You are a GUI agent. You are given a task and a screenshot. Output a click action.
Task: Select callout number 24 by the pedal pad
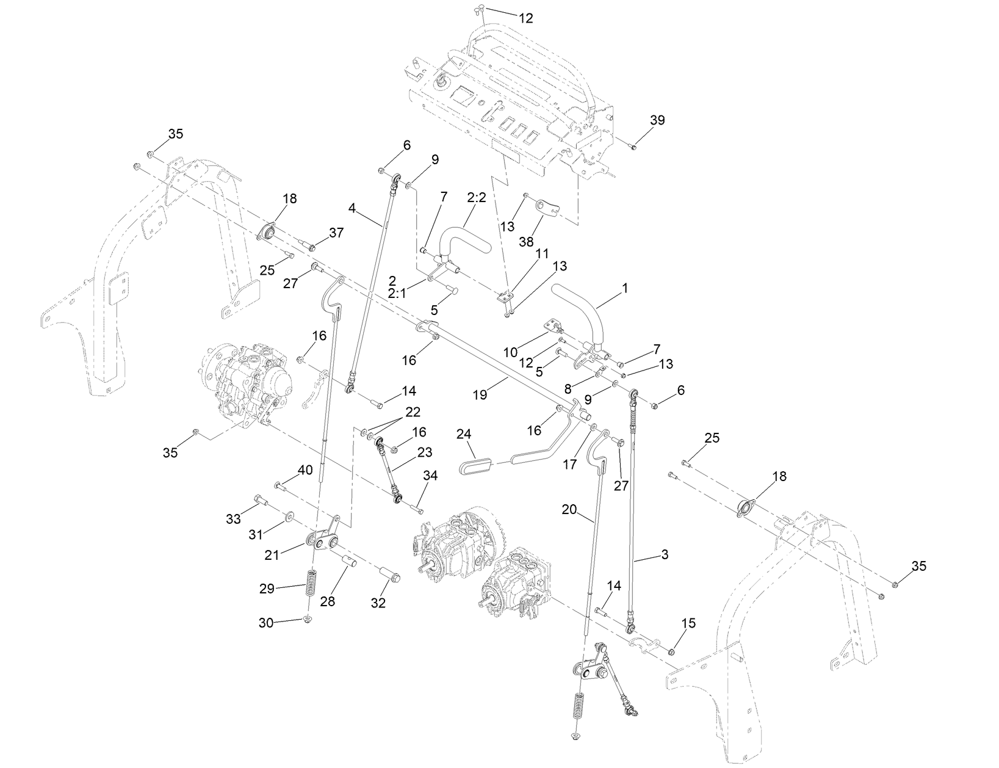(x=464, y=435)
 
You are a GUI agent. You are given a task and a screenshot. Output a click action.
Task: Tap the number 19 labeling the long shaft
(x=480, y=395)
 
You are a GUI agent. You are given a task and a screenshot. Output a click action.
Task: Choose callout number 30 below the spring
(x=267, y=623)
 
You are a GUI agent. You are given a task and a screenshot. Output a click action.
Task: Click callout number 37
(x=336, y=233)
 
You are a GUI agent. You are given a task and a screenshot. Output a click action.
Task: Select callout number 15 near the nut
(x=688, y=623)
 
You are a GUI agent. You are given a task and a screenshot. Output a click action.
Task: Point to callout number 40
(x=305, y=470)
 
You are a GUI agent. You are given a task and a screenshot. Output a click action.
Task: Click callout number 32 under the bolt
(x=378, y=604)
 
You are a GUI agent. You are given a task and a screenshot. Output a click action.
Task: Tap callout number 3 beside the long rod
(x=665, y=554)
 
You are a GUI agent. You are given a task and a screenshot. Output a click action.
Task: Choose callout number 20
(x=569, y=509)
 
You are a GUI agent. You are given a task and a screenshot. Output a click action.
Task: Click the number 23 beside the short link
(x=424, y=452)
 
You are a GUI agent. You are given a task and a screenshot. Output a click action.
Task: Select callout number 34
(x=430, y=476)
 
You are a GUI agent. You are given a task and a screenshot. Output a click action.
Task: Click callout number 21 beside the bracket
(x=271, y=554)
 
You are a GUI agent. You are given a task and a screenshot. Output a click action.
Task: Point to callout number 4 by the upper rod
(x=352, y=208)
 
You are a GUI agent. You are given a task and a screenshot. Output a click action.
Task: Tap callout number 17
(x=569, y=465)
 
